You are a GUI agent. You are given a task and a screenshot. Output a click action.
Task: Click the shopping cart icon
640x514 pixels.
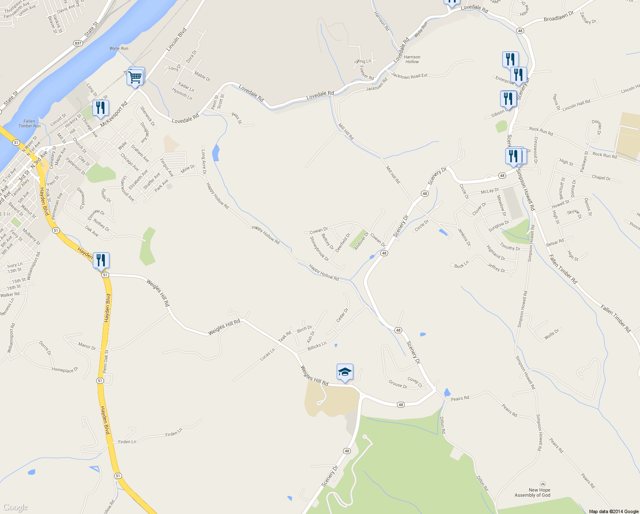(x=135, y=77)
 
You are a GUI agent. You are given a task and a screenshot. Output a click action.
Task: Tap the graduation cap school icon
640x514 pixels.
(x=344, y=372)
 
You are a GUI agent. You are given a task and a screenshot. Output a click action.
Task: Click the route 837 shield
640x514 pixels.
(x=78, y=43)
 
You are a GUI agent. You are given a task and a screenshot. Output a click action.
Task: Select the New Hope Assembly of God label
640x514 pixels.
(x=533, y=493)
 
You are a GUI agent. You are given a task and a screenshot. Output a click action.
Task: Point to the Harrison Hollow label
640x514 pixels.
(x=412, y=59)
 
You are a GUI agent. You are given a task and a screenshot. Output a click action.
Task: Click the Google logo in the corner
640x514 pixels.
(x=15, y=508)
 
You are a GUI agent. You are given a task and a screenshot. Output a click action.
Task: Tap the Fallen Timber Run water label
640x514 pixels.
(x=30, y=124)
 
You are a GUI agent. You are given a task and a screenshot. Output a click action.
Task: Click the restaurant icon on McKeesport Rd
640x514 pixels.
(x=101, y=108)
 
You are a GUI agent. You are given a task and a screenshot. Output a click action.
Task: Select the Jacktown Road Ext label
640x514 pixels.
(x=410, y=76)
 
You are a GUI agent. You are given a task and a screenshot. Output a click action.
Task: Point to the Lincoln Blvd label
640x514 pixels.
(x=176, y=40)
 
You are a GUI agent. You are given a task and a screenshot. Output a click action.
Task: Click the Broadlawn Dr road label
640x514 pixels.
(x=558, y=17)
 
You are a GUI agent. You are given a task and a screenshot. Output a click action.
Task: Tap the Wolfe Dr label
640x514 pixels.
(x=551, y=334)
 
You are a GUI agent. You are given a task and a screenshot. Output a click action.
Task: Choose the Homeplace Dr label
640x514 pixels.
(x=65, y=370)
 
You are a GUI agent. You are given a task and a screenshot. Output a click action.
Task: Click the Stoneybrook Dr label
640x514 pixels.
(x=319, y=248)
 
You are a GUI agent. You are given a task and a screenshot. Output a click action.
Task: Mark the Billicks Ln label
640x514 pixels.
(x=317, y=346)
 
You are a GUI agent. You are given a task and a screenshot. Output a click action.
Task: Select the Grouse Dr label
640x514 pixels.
(x=398, y=384)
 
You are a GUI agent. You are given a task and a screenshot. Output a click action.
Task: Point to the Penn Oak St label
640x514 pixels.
(x=106, y=361)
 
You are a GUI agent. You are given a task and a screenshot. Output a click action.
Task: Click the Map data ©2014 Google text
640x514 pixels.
(x=613, y=511)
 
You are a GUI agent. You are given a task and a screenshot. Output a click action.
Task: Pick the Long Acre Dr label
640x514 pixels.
(x=204, y=161)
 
